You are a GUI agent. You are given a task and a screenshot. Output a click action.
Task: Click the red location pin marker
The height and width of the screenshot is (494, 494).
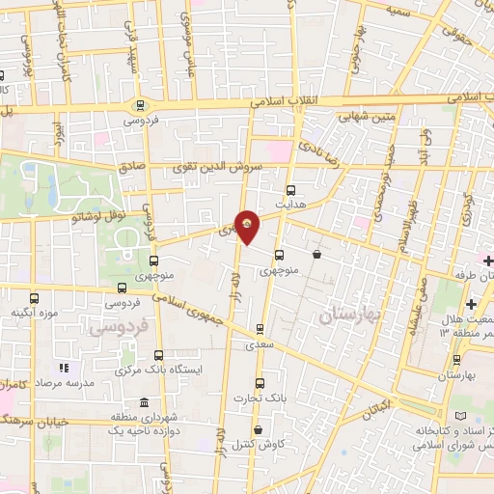[x=248, y=226]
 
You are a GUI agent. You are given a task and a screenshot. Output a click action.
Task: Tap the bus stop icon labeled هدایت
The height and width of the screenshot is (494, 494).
[x=291, y=191]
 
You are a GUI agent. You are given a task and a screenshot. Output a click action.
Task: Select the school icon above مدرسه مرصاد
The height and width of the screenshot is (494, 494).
[x=64, y=368]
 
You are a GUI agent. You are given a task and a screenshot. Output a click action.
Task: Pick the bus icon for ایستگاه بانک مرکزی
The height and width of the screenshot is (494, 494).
[x=158, y=355]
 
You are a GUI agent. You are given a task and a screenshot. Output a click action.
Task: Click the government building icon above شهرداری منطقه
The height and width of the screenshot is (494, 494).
[x=144, y=402]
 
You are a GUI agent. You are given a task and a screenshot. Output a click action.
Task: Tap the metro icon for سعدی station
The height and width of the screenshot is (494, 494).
[x=260, y=329]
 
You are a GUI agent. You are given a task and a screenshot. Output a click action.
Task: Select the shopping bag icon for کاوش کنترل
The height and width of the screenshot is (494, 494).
[x=257, y=430]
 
